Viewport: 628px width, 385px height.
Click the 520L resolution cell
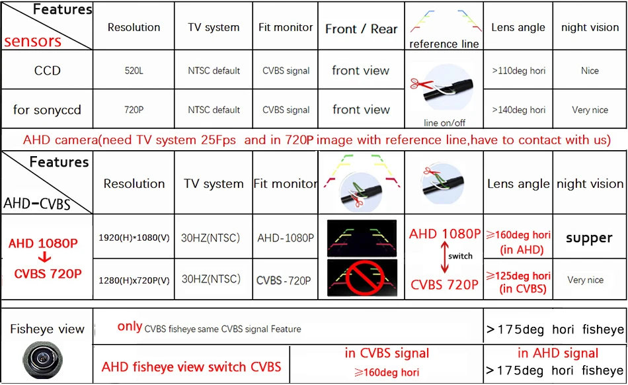pyautogui.click(x=134, y=71)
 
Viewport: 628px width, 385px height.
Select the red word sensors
pyautogui.click(x=32, y=41)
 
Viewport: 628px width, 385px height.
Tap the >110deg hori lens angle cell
pyautogui.click(x=519, y=71)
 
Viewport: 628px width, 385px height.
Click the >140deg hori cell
pyautogui.click(x=519, y=110)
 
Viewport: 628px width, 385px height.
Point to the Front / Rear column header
pyautogui.click(x=361, y=28)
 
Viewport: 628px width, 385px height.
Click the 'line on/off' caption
pyautogui.click(x=444, y=123)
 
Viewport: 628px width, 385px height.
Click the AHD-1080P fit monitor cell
pyautogui.click(x=286, y=238)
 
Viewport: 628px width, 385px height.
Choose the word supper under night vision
pyautogui.click(x=589, y=238)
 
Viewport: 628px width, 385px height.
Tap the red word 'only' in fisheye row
pyautogui.click(x=130, y=326)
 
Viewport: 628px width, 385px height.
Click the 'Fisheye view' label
pyautogui.click(x=47, y=329)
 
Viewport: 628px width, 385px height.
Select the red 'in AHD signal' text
pyautogui.click(x=558, y=353)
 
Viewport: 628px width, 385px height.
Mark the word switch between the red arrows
pyautogui.click(x=460, y=257)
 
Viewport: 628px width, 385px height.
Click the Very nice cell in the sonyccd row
pyautogui.click(x=590, y=110)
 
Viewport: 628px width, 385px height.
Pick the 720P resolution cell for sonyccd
pyautogui.click(x=134, y=110)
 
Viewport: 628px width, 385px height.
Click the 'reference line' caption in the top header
pyautogui.click(x=444, y=44)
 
